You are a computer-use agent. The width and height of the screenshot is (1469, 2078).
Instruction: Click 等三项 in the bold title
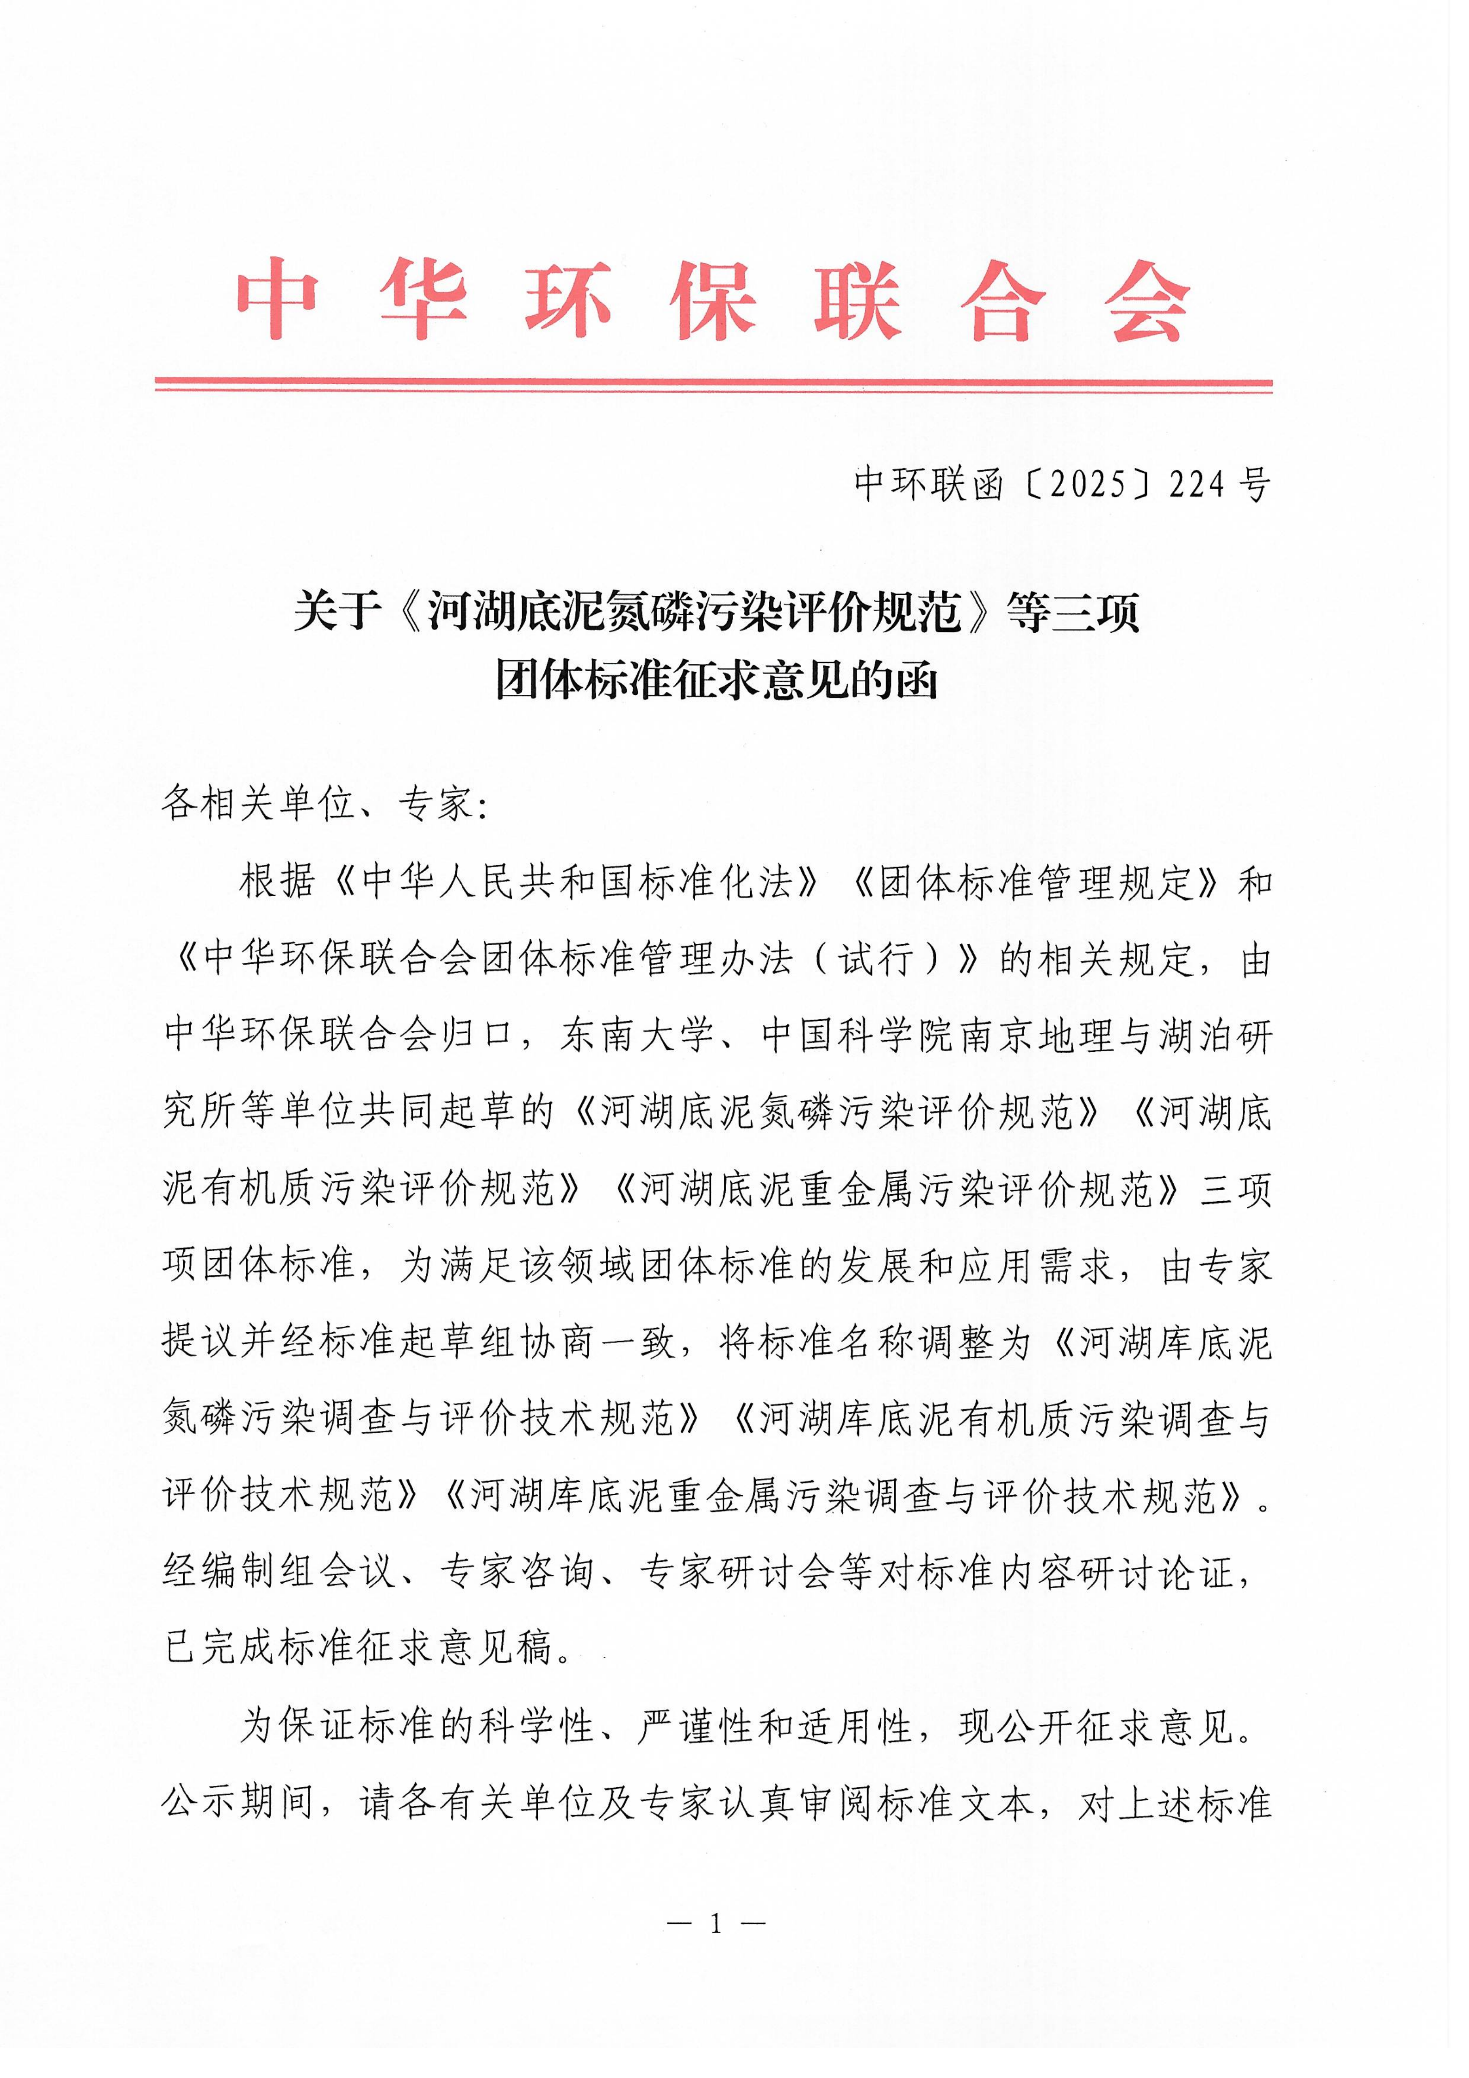tap(1072, 613)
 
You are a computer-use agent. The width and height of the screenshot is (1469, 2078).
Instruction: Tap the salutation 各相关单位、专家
tap(316, 803)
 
